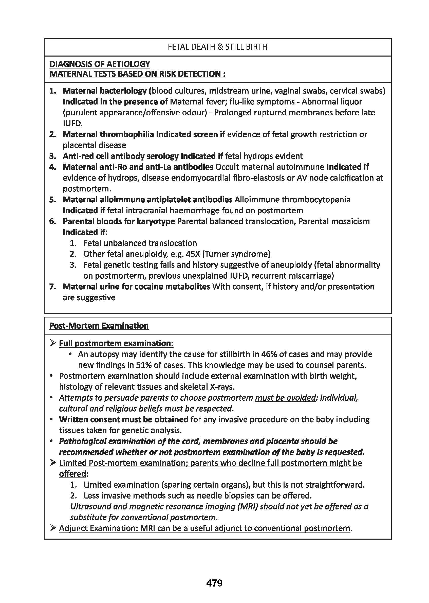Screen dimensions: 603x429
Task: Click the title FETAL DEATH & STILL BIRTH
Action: tap(217, 47)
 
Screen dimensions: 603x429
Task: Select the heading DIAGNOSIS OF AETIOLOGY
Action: tap(100, 64)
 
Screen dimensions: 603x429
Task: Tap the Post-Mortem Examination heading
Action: tap(99, 326)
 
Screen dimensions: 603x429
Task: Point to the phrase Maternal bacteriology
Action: tap(105, 91)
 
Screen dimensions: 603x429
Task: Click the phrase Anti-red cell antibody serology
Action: tap(121, 156)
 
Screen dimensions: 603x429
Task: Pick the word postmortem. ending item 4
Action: tap(87, 189)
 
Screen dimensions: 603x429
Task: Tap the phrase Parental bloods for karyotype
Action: tap(119, 221)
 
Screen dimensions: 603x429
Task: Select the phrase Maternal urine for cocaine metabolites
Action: tap(136, 287)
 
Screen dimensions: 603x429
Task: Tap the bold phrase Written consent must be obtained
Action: tap(124, 419)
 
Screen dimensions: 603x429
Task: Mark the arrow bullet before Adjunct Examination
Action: tap(53, 528)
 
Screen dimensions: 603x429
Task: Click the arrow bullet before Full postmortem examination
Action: tap(53, 343)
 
